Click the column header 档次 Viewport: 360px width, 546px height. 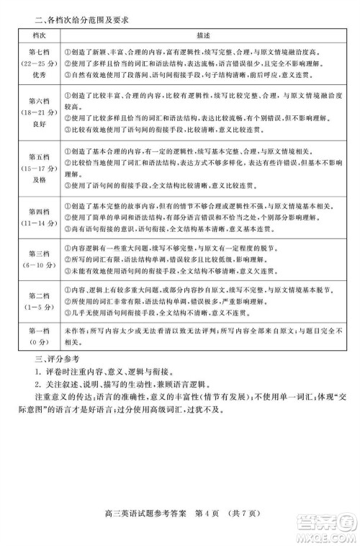[37, 34]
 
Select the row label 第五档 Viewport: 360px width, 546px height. [37, 156]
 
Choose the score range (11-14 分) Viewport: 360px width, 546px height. [37, 223]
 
